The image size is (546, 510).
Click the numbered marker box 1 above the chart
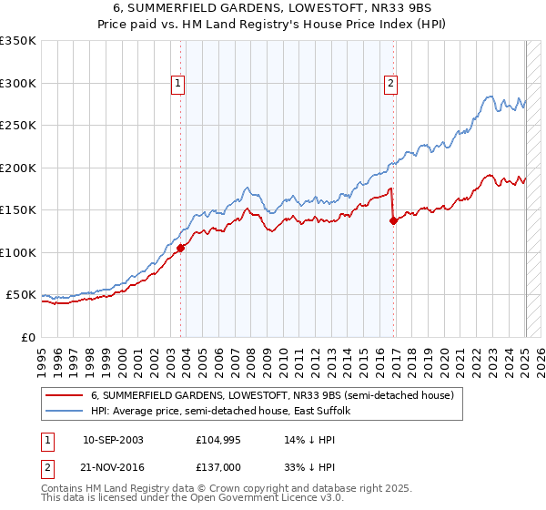(177, 84)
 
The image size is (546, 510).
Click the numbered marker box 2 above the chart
(391, 84)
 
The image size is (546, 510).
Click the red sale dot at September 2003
(181, 247)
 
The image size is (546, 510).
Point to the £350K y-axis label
(18, 41)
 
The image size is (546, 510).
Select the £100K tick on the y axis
(18, 252)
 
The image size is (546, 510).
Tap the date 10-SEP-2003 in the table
(113, 440)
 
